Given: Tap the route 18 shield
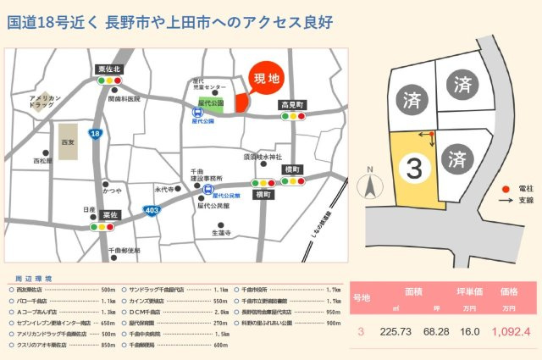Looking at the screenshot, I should pyautogui.click(x=95, y=134).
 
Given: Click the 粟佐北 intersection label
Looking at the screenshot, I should pyautogui.click(x=110, y=69).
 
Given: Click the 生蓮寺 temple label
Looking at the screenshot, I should pyautogui.click(x=221, y=232).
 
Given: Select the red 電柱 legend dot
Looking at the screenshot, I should pyautogui.click(x=506, y=188).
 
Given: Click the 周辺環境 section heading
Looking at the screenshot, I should pyautogui.click(x=35, y=278).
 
